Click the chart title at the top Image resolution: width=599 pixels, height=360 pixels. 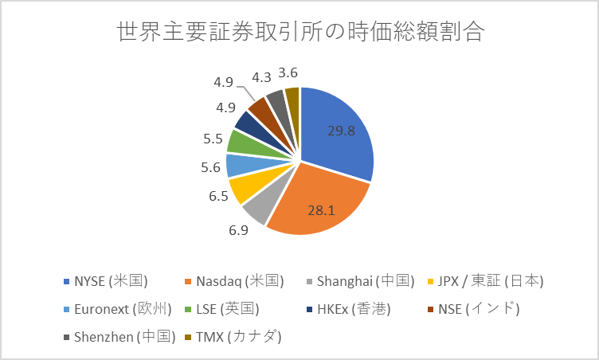(x=300, y=33)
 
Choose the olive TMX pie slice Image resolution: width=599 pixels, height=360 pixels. (x=292, y=98)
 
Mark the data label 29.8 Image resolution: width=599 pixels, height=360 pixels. (x=341, y=131)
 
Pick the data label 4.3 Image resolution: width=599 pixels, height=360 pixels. (x=261, y=77)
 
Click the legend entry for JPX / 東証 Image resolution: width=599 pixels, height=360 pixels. (x=486, y=280)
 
